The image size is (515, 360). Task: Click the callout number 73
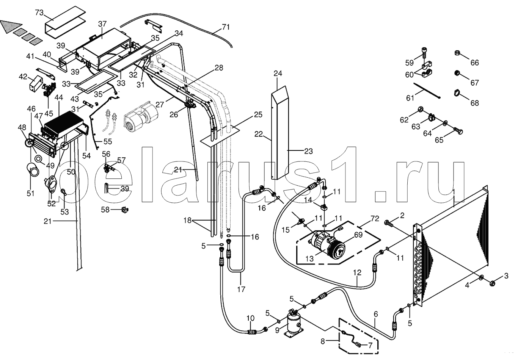click(x=39, y=13)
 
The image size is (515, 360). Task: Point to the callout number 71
click(x=226, y=27)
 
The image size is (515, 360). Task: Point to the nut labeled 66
click(x=457, y=53)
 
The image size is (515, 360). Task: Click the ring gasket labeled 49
click(x=38, y=158)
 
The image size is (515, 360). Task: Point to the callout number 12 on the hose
click(x=357, y=273)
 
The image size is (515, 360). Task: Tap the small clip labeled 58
click(x=125, y=209)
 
